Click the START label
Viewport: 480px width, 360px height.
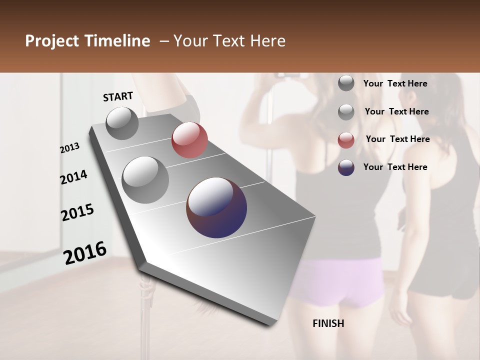(118, 96)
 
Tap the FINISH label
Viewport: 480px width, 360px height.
(328, 323)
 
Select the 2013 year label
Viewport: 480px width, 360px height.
(70, 148)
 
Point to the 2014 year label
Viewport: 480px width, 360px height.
(73, 177)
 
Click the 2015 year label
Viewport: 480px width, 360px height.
(77, 212)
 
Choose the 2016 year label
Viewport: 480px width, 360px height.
(85, 253)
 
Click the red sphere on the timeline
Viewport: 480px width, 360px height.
(189, 140)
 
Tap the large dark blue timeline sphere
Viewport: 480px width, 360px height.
(216, 207)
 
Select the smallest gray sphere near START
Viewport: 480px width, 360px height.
(122, 123)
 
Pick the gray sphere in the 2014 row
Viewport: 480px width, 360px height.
(145, 180)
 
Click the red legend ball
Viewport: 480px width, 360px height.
(346, 140)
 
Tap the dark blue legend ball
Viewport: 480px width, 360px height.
(346, 167)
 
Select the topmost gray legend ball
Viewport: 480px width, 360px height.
(346, 83)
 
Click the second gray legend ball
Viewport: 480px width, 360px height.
(346, 112)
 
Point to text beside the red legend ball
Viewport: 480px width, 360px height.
(397, 139)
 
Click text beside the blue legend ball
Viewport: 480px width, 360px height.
(395, 167)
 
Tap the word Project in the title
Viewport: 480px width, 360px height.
(52, 41)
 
